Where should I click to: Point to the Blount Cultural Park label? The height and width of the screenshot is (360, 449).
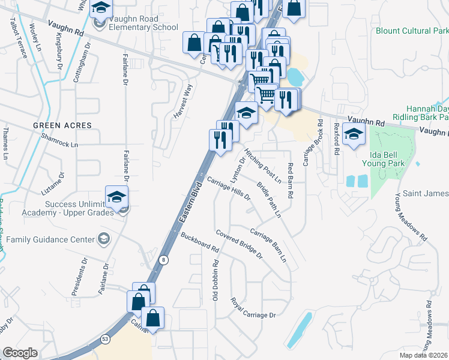click(412, 30)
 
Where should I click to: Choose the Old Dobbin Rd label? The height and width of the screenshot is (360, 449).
click(215, 279)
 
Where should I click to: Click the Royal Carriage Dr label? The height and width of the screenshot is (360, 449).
click(253, 307)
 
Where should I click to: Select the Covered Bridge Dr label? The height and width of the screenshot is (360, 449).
click(240, 244)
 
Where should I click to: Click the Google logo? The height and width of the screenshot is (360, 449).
click(20, 353)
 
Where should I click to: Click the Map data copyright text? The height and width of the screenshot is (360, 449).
click(424, 355)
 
